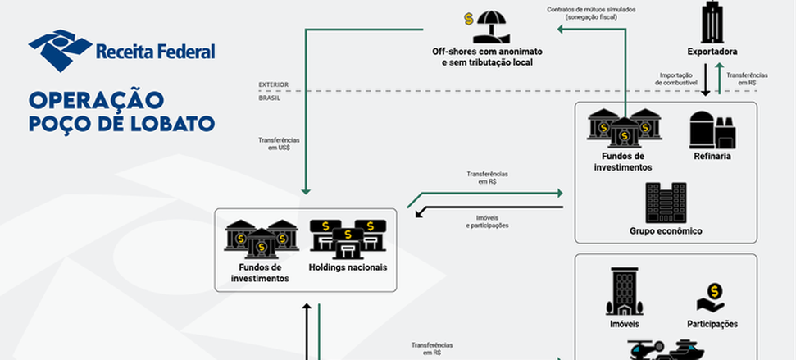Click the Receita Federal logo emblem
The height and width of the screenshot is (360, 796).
pyautogui.click(x=60, y=50)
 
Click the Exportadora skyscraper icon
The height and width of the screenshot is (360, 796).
pyautogui.click(x=712, y=22)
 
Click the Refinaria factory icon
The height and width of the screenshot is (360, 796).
pyautogui.click(x=712, y=130)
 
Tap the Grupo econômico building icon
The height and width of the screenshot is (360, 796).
pyautogui.click(x=666, y=203)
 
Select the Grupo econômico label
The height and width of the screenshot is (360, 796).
pyautogui.click(x=666, y=231)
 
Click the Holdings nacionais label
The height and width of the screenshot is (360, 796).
pyautogui.click(x=348, y=267)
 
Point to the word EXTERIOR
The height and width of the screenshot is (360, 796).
pyautogui.click(x=274, y=84)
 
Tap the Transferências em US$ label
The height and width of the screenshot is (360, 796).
pyautogui.click(x=278, y=144)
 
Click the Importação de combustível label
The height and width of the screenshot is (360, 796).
pyautogui.click(x=678, y=80)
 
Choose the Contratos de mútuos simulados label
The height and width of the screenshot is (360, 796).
pyautogui.click(x=592, y=13)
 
